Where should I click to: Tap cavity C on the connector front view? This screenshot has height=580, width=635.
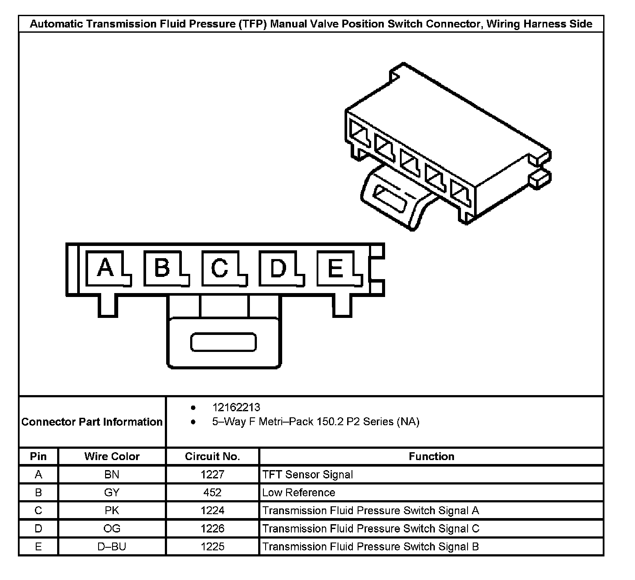coord(220,268)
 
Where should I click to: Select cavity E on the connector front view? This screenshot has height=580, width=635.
coord(335,268)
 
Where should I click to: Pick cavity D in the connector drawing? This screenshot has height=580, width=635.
coord(278,268)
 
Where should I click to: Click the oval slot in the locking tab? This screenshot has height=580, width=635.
coord(223,342)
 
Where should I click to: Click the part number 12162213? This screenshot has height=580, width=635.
coord(236,407)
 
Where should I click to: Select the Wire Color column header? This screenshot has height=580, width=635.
coord(112,457)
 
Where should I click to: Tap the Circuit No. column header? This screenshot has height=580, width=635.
coord(212,457)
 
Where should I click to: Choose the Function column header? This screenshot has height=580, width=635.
coord(431,457)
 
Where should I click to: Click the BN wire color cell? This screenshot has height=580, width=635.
coord(112,474)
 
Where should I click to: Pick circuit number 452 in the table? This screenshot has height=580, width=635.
coord(212,492)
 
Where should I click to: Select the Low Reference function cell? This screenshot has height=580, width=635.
coord(299,492)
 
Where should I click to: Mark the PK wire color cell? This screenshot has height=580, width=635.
coord(112,511)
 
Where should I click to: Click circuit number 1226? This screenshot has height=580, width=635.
coord(212,529)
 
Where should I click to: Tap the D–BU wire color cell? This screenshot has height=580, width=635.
coord(112,546)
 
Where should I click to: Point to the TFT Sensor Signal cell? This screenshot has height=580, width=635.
coord(307,474)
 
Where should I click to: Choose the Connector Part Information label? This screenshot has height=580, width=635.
coord(92,422)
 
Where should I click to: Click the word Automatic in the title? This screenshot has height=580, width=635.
coord(56,24)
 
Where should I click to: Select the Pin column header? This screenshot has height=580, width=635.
coord(38,457)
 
